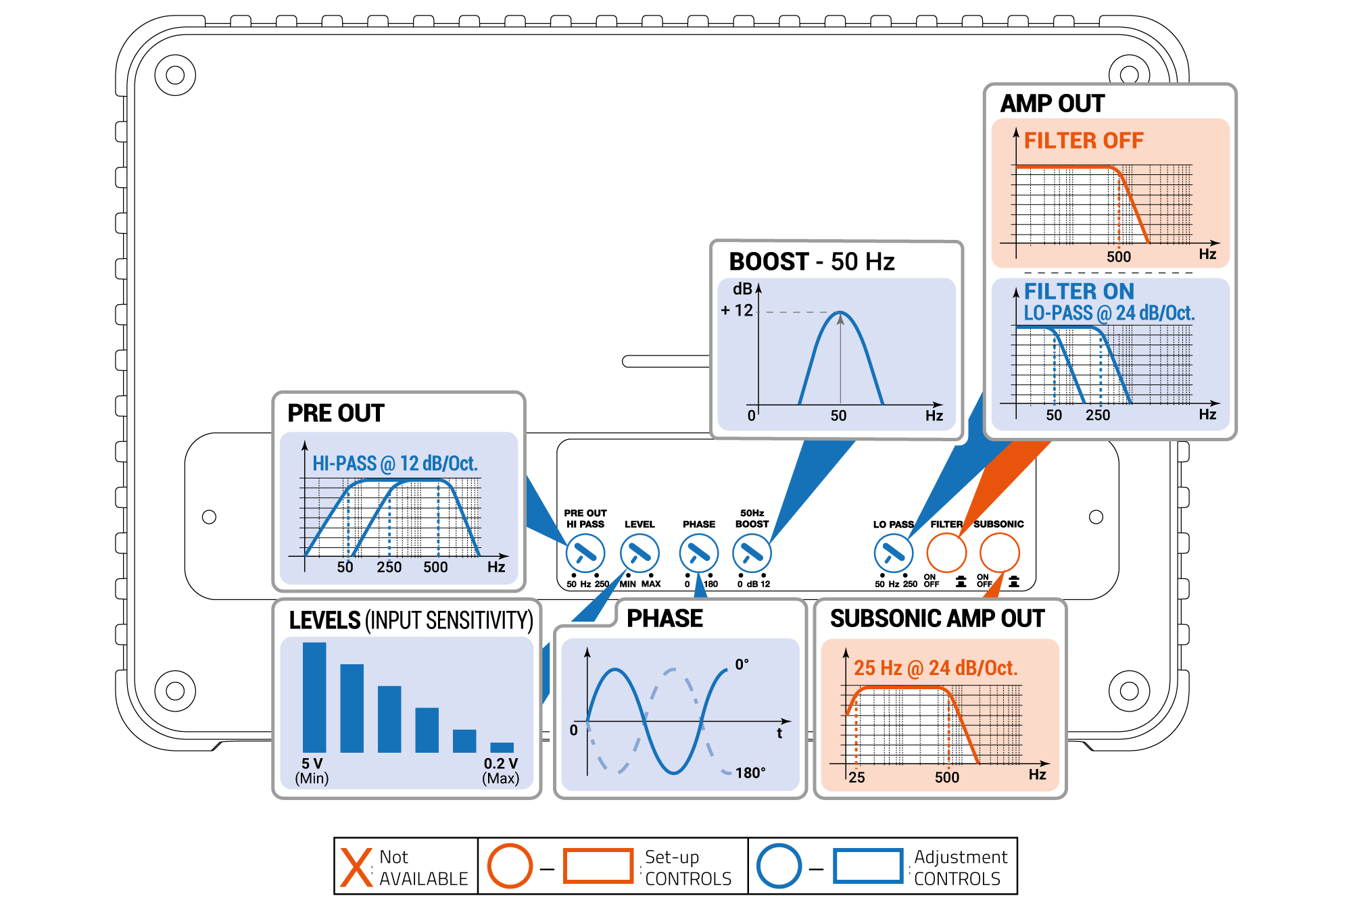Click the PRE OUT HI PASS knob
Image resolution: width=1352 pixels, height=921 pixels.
(585, 553)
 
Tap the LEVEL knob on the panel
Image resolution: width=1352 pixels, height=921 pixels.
(639, 553)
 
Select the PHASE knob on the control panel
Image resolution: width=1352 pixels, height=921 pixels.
(698, 553)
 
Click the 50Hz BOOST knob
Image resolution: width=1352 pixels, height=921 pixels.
(752, 553)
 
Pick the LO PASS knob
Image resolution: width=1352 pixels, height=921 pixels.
(893, 553)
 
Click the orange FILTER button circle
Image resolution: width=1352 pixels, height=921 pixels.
(946, 553)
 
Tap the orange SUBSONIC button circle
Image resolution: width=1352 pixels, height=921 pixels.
(999, 553)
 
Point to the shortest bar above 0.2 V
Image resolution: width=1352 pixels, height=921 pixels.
(502, 747)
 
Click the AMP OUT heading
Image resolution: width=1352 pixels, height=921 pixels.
(1052, 103)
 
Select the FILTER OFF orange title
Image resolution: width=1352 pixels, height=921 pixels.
(1083, 141)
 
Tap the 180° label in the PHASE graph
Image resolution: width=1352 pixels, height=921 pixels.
(750, 773)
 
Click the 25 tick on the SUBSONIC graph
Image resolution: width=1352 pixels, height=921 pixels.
(856, 777)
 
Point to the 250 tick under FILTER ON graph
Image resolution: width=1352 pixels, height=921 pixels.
(1098, 415)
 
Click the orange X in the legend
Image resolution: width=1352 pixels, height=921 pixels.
(356, 867)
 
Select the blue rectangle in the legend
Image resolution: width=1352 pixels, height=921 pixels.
(868, 866)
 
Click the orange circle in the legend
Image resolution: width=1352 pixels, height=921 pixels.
(510, 866)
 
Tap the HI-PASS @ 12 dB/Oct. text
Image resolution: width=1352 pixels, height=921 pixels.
(395, 464)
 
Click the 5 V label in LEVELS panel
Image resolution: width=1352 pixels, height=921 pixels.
(312, 764)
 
